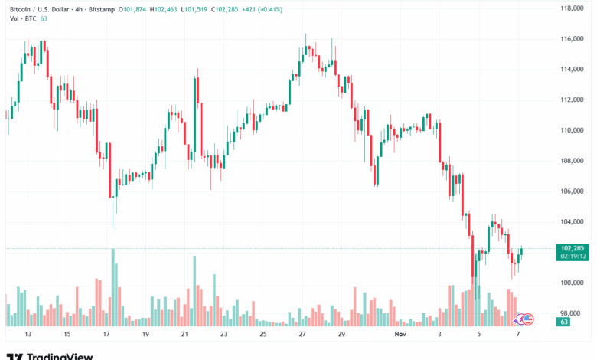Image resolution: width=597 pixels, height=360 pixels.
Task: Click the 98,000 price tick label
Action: tap(573, 313)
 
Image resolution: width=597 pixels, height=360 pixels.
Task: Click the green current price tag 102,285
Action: tap(573, 248)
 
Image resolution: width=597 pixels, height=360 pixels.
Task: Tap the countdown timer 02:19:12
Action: tap(573, 257)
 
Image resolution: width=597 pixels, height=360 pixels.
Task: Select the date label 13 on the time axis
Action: tap(28, 335)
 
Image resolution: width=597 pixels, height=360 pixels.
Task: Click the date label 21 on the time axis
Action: tap(184, 335)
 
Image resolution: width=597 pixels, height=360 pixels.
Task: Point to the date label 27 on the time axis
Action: tap(302, 335)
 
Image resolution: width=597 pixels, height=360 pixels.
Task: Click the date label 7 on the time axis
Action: tap(518, 335)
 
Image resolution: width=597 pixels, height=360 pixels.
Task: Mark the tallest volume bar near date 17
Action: tap(113, 287)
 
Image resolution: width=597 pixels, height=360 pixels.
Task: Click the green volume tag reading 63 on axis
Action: tap(563, 323)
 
